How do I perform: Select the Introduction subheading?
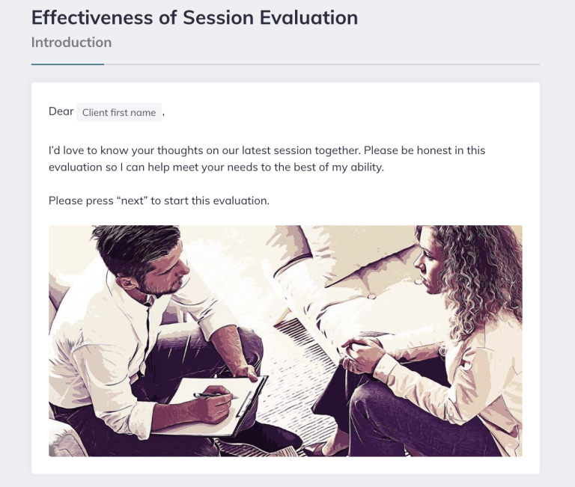click(71, 42)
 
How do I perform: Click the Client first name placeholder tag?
click(119, 112)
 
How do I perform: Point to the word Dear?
click(61, 111)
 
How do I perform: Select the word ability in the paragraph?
click(366, 167)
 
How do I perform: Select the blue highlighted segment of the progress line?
click(67, 64)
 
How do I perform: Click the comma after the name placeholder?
click(163, 114)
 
